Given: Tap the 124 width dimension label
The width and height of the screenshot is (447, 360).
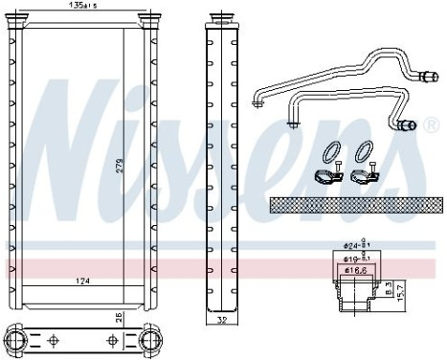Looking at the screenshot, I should (85, 281).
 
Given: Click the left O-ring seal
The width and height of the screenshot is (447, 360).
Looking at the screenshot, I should (331, 153).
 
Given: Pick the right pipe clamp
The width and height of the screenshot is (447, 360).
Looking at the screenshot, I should (362, 176).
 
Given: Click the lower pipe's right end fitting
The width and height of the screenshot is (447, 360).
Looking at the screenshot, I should (408, 124).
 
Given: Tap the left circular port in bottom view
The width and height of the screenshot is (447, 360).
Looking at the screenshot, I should (17, 340).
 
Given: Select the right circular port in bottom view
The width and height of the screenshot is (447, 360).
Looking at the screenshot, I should (152, 340).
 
